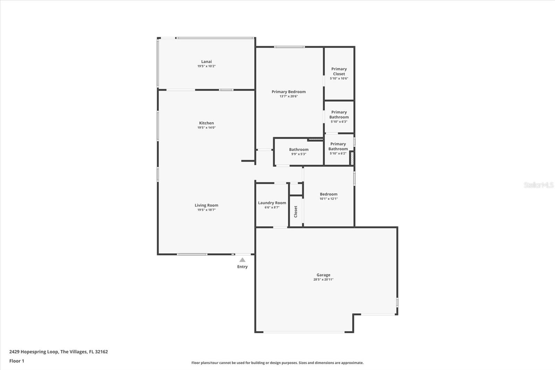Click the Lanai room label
[206, 61]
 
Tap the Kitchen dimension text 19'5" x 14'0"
[206, 127]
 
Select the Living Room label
[206, 205]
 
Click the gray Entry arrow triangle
[242, 260]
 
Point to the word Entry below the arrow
[242, 267]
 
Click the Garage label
[323, 275]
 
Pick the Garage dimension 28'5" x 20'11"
[323, 279]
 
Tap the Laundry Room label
[272, 203]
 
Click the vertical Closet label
[296, 211]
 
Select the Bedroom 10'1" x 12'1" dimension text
[328, 199]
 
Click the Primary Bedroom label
[289, 92]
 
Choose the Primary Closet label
[339, 71]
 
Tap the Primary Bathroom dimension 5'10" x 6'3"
[339, 121]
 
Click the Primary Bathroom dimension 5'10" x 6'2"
[338, 153]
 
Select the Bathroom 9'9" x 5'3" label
[299, 150]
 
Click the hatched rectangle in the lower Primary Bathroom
[351, 158]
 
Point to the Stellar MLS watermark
[538, 185]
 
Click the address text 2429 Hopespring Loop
[34, 352]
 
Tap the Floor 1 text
[17, 361]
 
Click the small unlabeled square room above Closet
[296, 189]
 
